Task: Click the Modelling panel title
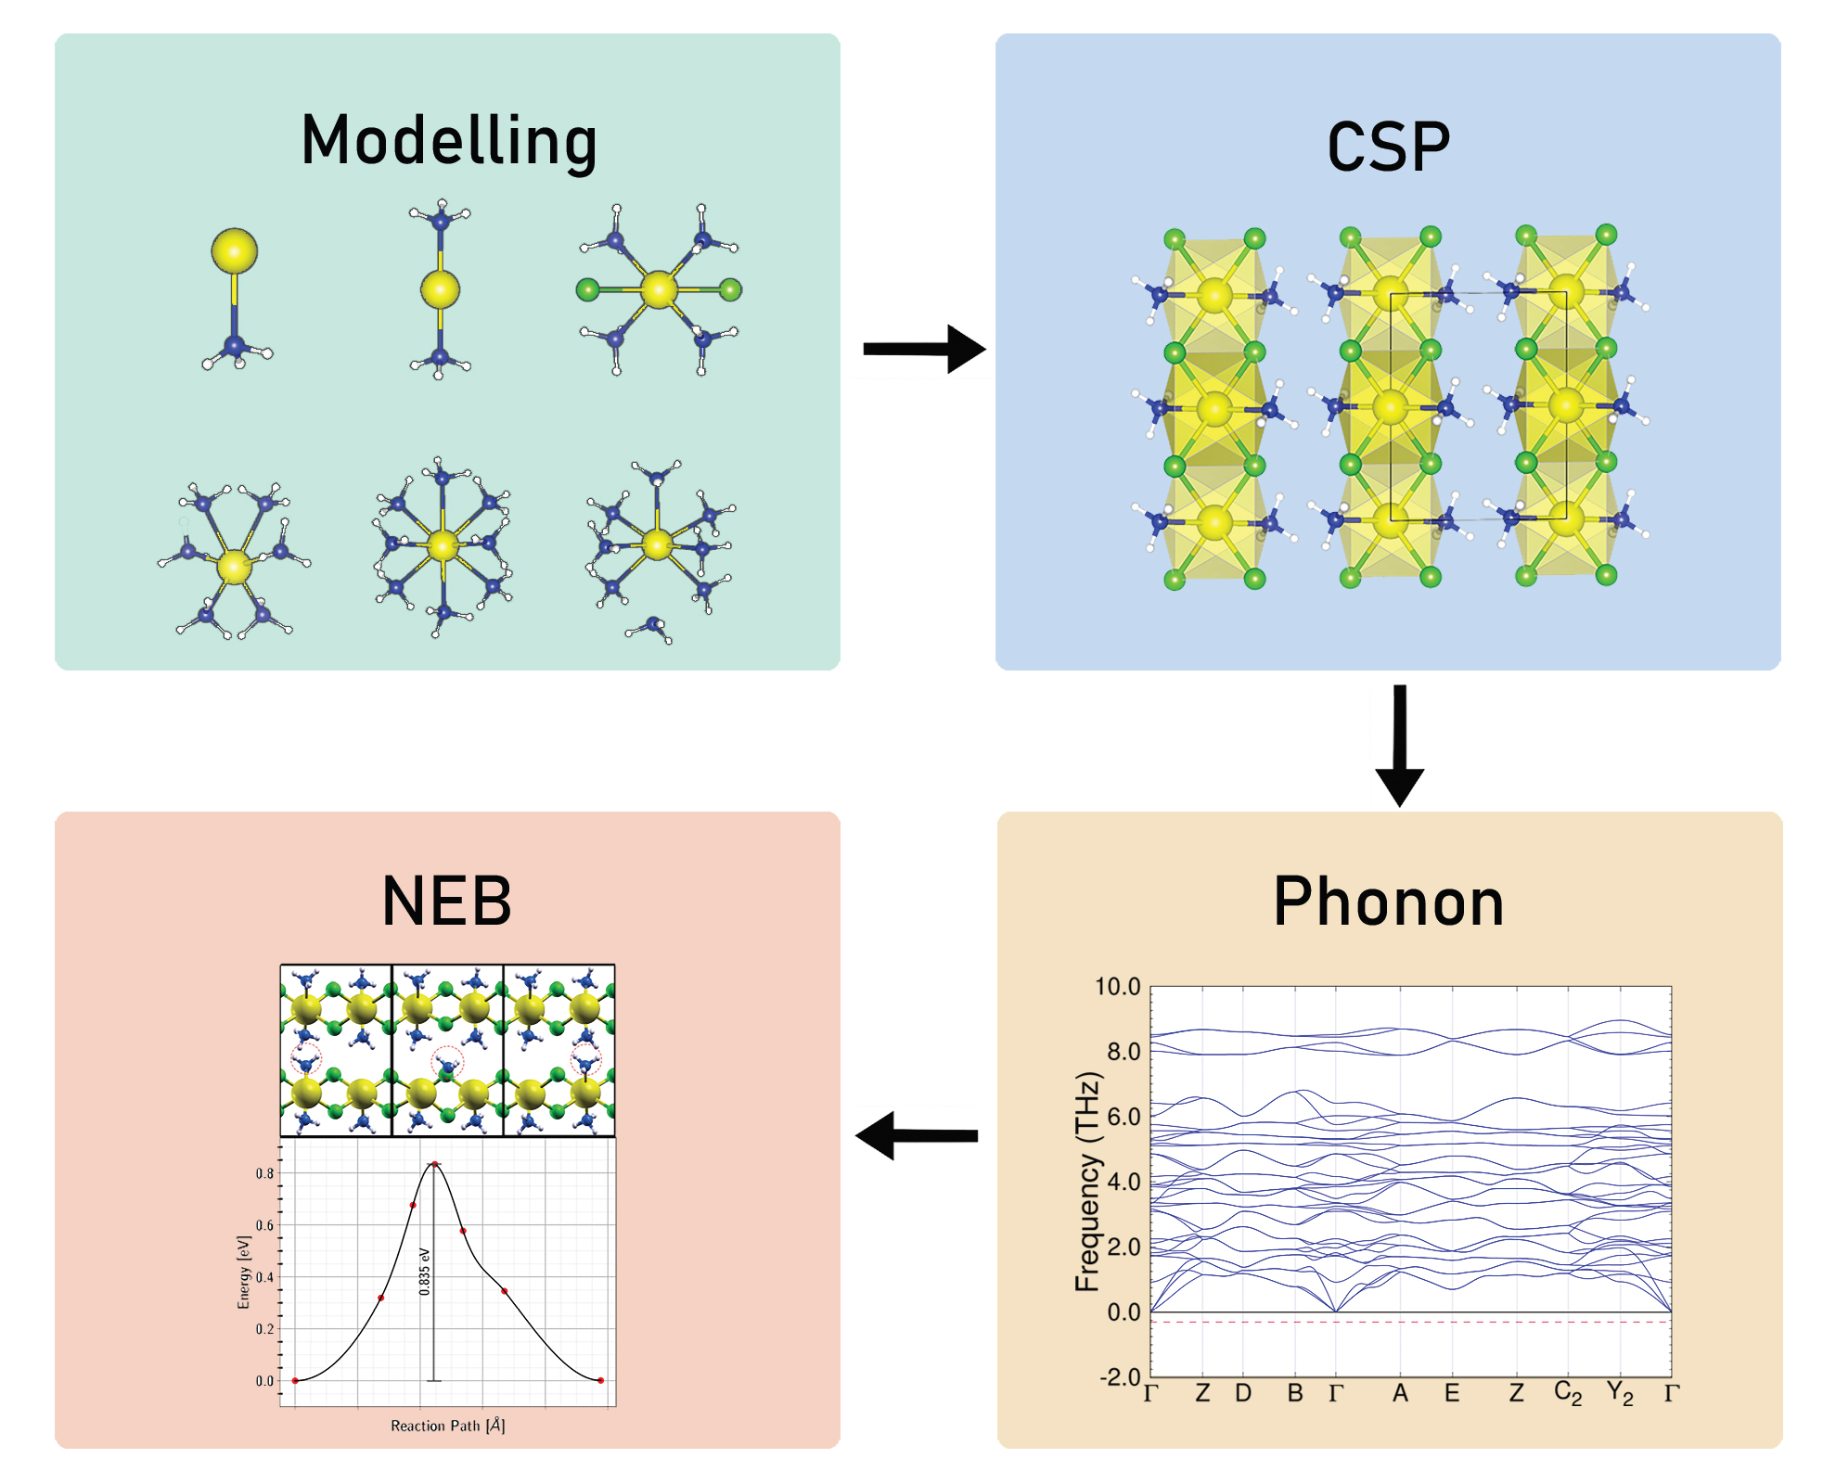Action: click(x=449, y=141)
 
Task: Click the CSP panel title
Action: click(x=1388, y=147)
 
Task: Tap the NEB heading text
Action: click(x=446, y=902)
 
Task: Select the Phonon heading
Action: click(x=1388, y=902)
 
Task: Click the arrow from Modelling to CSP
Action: click(x=922, y=349)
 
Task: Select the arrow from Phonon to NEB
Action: click(x=917, y=1135)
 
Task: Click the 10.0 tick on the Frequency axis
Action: click(x=1118, y=987)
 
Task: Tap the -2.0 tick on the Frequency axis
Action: click(x=1120, y=1376)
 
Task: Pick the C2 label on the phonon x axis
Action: click(x=1567, y=1394)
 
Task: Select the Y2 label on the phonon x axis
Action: click(x=1620, y=1394)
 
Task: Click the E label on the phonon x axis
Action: click(x=1452, y=1393)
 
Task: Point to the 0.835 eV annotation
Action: click(x=424, y=1271)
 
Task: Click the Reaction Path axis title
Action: click(x=447, y=1426)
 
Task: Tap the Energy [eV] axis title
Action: click(x=244, y=1272)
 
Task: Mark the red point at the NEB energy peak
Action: click(x=434, y=1164)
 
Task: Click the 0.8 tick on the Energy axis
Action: click(x=265, y=1173)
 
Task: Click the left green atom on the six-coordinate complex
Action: click(x=586, y=290)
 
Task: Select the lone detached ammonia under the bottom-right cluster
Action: click(x=653, y=628)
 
